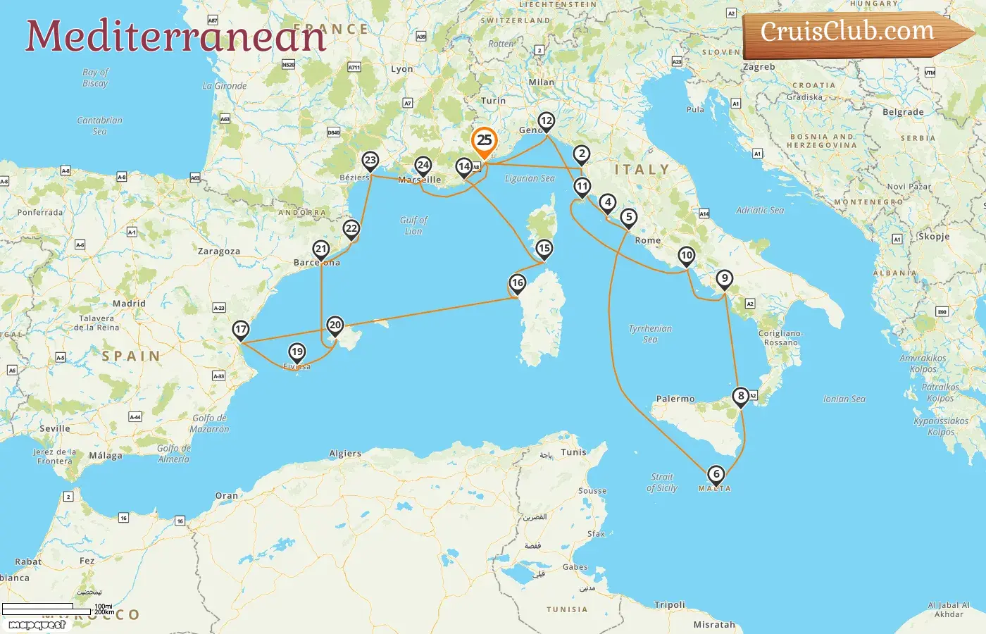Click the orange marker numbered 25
tap(485, 140)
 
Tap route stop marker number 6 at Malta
tap(716, 475)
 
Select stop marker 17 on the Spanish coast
tap(241, 330)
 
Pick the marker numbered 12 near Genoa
tap(547, 121)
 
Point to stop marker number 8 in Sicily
tap(740, 397)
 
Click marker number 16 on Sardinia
tap(518, 283)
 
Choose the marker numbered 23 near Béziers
tap(370, 161)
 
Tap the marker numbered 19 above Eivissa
tap(297, 352)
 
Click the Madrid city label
tap(129, 304)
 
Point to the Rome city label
tap(648, 240)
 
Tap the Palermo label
tap(675, 399)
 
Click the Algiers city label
tap(345, 454)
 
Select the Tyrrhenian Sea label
tap(650, 334)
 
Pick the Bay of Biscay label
tap(95, 77)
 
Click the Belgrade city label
tap(903, 112)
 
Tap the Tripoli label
tap(669, 604)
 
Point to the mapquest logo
tap(37, 624)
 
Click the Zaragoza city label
tap(218, 251)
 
